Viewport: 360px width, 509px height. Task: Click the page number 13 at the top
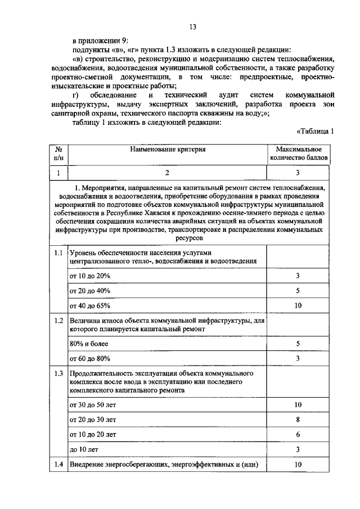[192, 27]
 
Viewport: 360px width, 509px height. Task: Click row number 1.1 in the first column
[58, 253]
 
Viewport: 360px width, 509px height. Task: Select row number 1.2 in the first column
[58, 321]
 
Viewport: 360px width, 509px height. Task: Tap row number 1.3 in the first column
[58, 373]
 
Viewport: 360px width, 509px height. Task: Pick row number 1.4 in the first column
[58, 465]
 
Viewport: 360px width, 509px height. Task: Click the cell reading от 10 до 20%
[90, 276]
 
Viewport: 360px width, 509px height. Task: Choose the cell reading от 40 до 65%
[90, 306]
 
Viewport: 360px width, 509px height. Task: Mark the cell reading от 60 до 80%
[90, 358]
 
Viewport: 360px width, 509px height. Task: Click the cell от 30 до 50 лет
[93, 404]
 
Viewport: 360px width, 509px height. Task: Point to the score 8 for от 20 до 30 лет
[298, 420]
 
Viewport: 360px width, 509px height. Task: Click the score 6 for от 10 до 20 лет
[298, 435]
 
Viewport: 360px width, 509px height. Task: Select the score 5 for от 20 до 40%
[298, 291]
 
